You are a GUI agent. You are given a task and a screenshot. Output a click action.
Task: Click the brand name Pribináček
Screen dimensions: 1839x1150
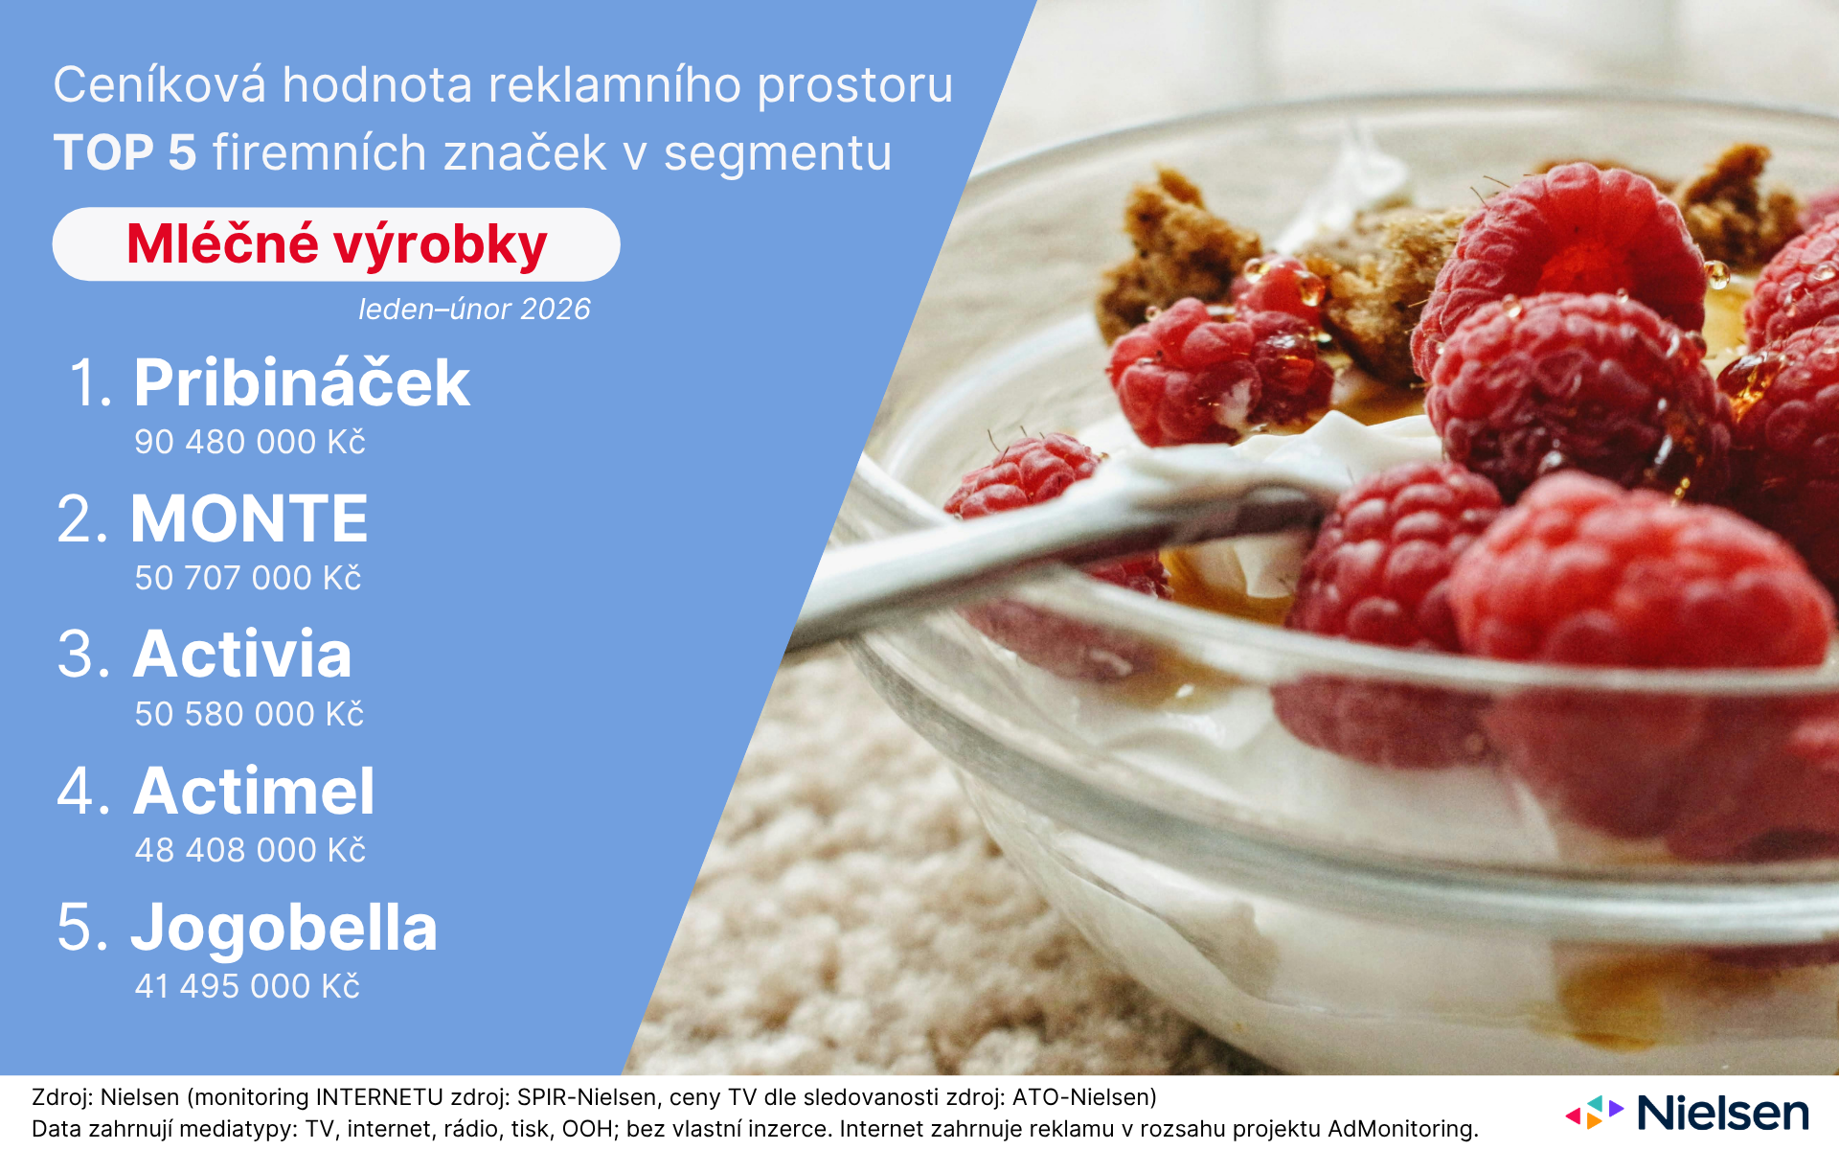coord(302,382)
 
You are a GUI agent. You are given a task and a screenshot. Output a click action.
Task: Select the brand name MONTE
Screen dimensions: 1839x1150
coord(249,518)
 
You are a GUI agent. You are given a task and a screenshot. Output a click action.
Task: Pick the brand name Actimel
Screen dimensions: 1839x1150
coord(254,791)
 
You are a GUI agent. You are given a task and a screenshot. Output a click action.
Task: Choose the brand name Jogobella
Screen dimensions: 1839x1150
coord(284,929)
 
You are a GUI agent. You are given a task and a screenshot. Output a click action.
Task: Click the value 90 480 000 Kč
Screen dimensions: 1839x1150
coord(250,442)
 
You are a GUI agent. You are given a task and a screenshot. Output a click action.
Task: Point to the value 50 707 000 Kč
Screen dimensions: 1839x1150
coord(248,578)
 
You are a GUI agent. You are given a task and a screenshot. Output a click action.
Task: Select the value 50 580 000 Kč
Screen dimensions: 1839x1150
coord(249,714)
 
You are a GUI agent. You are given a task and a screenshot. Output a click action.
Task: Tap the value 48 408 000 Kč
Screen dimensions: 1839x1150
coord(250,850)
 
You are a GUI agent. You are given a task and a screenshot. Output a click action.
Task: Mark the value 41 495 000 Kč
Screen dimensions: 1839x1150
coord(247,986)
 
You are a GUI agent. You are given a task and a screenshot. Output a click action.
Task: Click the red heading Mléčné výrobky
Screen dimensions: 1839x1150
coord(336,245)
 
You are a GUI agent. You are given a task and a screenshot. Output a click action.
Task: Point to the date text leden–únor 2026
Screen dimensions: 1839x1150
coord(474,310)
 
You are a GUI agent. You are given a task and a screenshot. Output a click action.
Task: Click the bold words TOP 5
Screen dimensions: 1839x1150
coord(125,152)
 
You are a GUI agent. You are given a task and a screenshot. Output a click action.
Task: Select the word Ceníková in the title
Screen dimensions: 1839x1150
coord(159,84)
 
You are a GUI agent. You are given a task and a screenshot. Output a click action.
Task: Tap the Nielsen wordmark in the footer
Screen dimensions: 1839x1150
coord(1723,1113)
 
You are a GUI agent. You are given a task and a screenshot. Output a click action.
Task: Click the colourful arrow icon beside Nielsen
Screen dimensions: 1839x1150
coord(1594,1112)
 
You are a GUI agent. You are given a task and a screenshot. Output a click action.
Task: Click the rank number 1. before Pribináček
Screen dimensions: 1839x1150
coord(91,382)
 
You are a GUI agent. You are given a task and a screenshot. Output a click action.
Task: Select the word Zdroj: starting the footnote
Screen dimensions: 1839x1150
coord(62,1097)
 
